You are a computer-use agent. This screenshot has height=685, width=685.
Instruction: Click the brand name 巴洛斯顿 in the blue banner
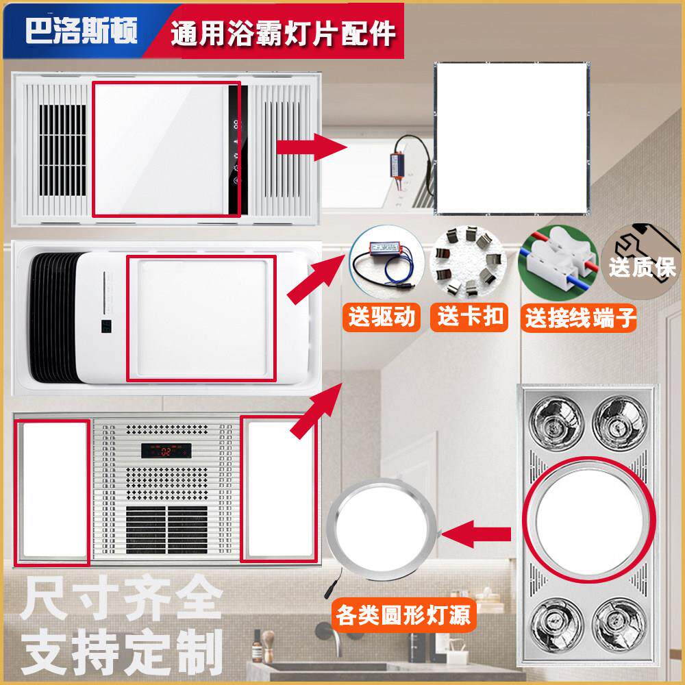[x=82, y=30]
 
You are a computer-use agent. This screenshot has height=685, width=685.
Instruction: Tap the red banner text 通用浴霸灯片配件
[x=283, y=33]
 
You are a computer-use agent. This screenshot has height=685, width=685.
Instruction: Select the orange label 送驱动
[x=382, y=316]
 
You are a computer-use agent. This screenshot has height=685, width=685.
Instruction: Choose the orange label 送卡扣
[x=470, y=316]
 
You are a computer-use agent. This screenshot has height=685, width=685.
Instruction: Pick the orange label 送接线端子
[x=580, y=318]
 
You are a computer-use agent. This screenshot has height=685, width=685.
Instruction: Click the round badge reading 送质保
[x=643, y=262]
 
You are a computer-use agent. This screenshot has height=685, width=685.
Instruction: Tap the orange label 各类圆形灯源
[x=403, y=616]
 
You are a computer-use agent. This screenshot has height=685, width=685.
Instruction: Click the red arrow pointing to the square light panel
[x=312, y=147]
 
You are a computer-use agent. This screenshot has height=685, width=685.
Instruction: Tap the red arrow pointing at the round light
[x=476, y=534]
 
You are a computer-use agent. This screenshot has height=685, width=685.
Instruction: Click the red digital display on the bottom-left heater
[x=166, y=451]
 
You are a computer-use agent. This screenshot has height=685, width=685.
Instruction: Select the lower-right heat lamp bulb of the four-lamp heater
[x=620, y=625]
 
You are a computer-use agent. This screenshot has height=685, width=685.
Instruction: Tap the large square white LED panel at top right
[x=512, y=138]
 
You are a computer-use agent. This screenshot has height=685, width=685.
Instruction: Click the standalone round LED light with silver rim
[x=382, y=530]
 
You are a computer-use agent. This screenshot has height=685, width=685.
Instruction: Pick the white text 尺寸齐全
[x=121, y=597]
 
